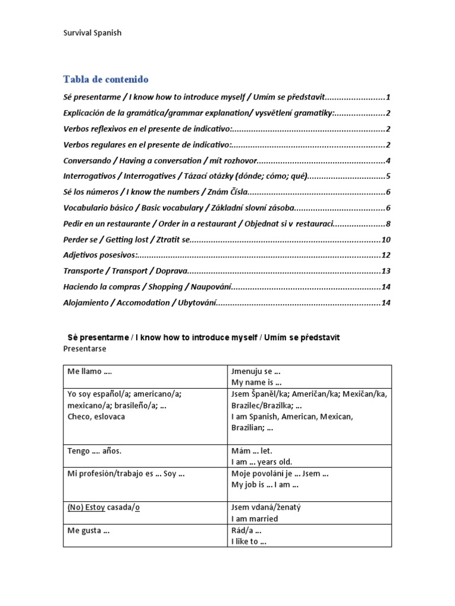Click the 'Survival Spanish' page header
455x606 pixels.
coord(92,33)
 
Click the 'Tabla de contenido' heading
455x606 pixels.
coord(105,79)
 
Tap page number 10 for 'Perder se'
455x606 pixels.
coord(386,240)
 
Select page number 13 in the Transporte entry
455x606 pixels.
coord(386,271)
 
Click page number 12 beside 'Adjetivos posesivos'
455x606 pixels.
coord(386,256)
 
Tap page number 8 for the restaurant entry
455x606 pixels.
coord(387,224)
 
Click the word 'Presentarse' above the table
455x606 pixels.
coord(84,349)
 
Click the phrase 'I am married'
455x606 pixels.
coord(254,519)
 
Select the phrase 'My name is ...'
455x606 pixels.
coord(256,382)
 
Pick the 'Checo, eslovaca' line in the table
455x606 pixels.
coord(97,417)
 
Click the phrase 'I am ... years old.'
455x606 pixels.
coord(261,462)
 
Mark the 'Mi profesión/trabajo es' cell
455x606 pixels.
coord(124,473)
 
